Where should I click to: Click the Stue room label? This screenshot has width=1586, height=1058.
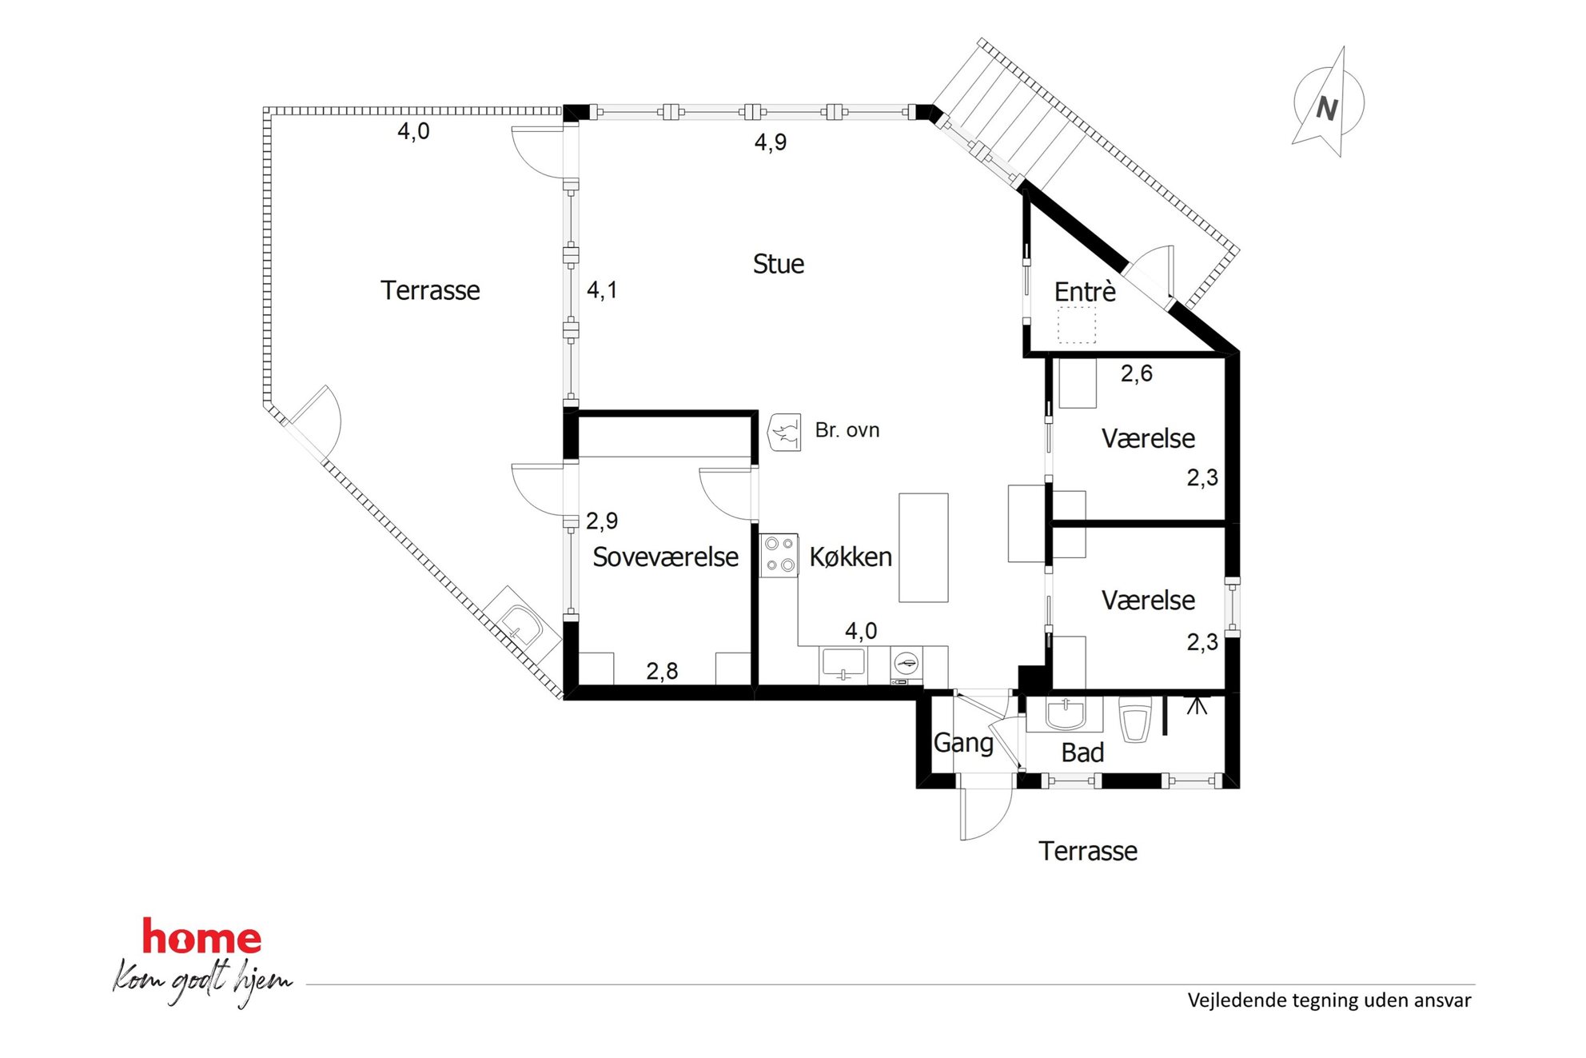click(778, 264)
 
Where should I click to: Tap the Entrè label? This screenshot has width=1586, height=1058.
click(1085, 292)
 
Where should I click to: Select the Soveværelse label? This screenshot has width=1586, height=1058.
click(665, 557)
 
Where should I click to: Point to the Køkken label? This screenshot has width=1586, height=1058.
click(851, 557)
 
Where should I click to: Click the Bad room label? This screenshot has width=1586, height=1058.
click(1082, 753)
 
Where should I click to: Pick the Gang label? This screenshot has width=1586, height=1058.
click(963, 744)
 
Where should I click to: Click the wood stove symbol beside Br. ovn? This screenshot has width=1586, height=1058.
click(784, 433)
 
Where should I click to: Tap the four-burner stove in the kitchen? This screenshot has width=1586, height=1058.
click(779, 555)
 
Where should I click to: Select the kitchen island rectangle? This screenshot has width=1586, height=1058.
click(923, 548)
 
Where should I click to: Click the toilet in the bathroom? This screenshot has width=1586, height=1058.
click(1135, 719)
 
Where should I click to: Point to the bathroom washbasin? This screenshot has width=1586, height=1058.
click(1065, 714)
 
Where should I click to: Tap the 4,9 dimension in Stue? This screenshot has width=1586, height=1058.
click(771, 142)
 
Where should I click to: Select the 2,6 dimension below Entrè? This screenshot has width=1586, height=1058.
click(1136, 373)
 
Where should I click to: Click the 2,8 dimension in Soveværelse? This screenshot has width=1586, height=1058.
click(662, 671)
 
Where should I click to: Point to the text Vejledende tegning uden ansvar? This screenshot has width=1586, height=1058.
click(1329, 1000)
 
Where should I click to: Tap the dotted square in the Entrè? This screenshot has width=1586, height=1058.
click(1077, 325)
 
